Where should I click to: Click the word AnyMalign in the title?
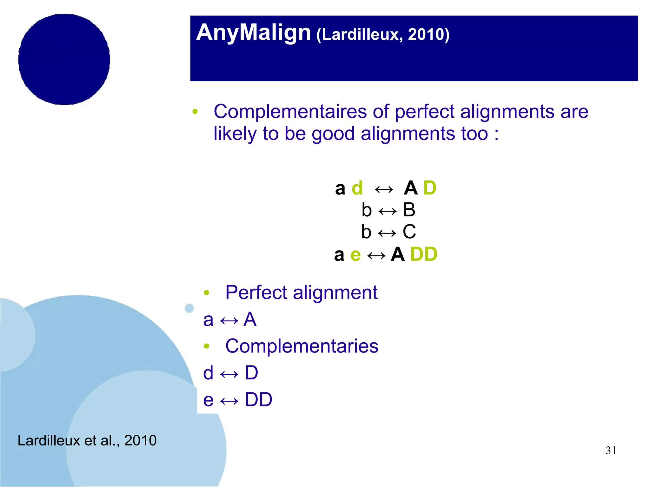(253, 33)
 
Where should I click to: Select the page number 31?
(611, 451)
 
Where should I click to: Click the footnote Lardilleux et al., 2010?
(87, 440)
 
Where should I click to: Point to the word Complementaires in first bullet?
(290, 112)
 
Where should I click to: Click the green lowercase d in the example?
(357, 188)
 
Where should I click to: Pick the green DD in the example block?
(423, 254)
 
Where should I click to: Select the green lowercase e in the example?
(355, 255)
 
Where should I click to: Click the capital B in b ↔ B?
(409, 210)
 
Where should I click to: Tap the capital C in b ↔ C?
(409, 232)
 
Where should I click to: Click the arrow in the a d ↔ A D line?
(384, 190)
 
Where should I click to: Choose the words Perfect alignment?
(301, 292)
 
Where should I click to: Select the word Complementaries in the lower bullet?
(302, 346)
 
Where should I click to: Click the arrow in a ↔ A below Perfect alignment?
(229, 321)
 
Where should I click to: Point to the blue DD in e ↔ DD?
(258, 399)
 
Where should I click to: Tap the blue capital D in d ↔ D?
(251, 373)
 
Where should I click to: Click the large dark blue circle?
(64, 59)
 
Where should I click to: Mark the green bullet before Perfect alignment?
(207, 293)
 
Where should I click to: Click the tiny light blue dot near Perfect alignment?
(189, 308)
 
